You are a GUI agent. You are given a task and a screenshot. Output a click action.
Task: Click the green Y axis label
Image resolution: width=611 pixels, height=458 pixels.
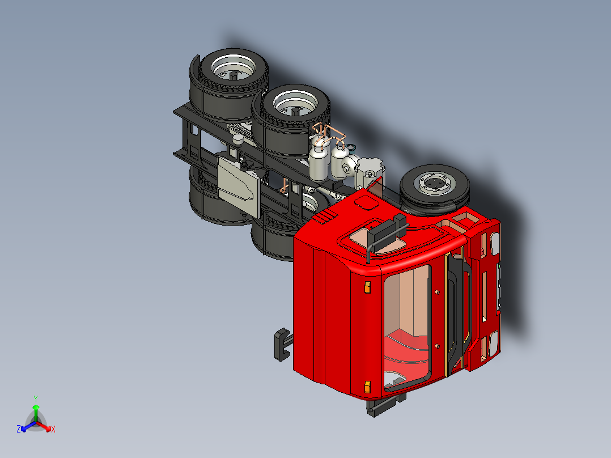tap(35, 398)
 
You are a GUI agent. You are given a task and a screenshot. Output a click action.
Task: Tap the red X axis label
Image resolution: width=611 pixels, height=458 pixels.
tap(53, 430)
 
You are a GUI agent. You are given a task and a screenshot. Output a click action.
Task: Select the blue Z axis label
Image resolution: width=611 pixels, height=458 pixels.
tap(19, 429)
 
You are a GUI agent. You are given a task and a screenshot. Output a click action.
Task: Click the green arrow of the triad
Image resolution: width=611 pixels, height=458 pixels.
tap(36, 410)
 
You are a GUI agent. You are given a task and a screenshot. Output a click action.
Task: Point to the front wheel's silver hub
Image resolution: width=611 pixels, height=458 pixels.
tap(435, 184)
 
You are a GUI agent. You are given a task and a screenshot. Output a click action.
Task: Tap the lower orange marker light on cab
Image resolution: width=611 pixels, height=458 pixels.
tap(367, 387)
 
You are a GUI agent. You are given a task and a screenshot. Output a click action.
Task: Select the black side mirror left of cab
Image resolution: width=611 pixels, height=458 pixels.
tap(282, 344)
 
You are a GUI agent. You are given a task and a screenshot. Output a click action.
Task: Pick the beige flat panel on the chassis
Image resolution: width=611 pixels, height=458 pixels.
tap(238, 184)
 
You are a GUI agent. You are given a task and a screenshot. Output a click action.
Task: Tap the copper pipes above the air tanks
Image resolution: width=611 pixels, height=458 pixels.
tap(326, 135)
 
